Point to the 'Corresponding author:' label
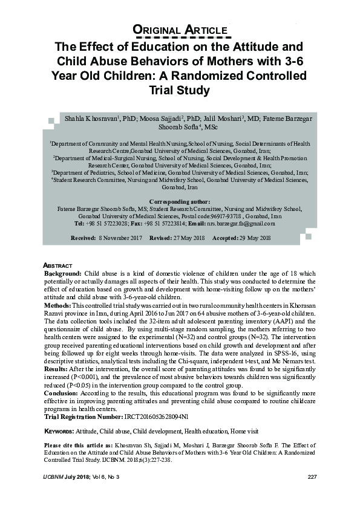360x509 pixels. point(179,201)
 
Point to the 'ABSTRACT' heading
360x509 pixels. point(58,266)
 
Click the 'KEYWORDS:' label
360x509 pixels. point(59,432)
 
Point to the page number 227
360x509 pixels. point(312,478)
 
